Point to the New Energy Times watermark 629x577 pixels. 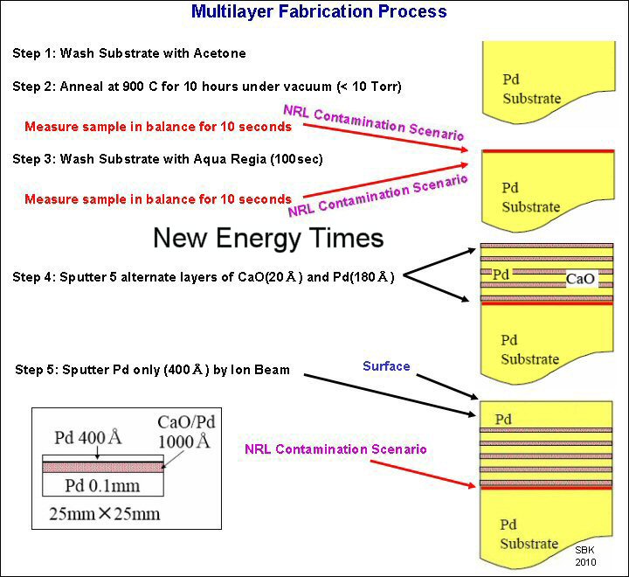[268, 237]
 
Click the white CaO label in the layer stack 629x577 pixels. [581, 279]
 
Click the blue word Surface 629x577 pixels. [386, 366]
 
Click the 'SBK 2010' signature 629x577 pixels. [584, 555]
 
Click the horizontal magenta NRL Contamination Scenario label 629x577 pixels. [335, 449]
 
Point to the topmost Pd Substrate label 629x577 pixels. [530, 89]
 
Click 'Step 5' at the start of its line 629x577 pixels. [38, 371]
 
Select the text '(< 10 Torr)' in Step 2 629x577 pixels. [370, 86]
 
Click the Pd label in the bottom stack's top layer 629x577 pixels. [503, 421]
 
